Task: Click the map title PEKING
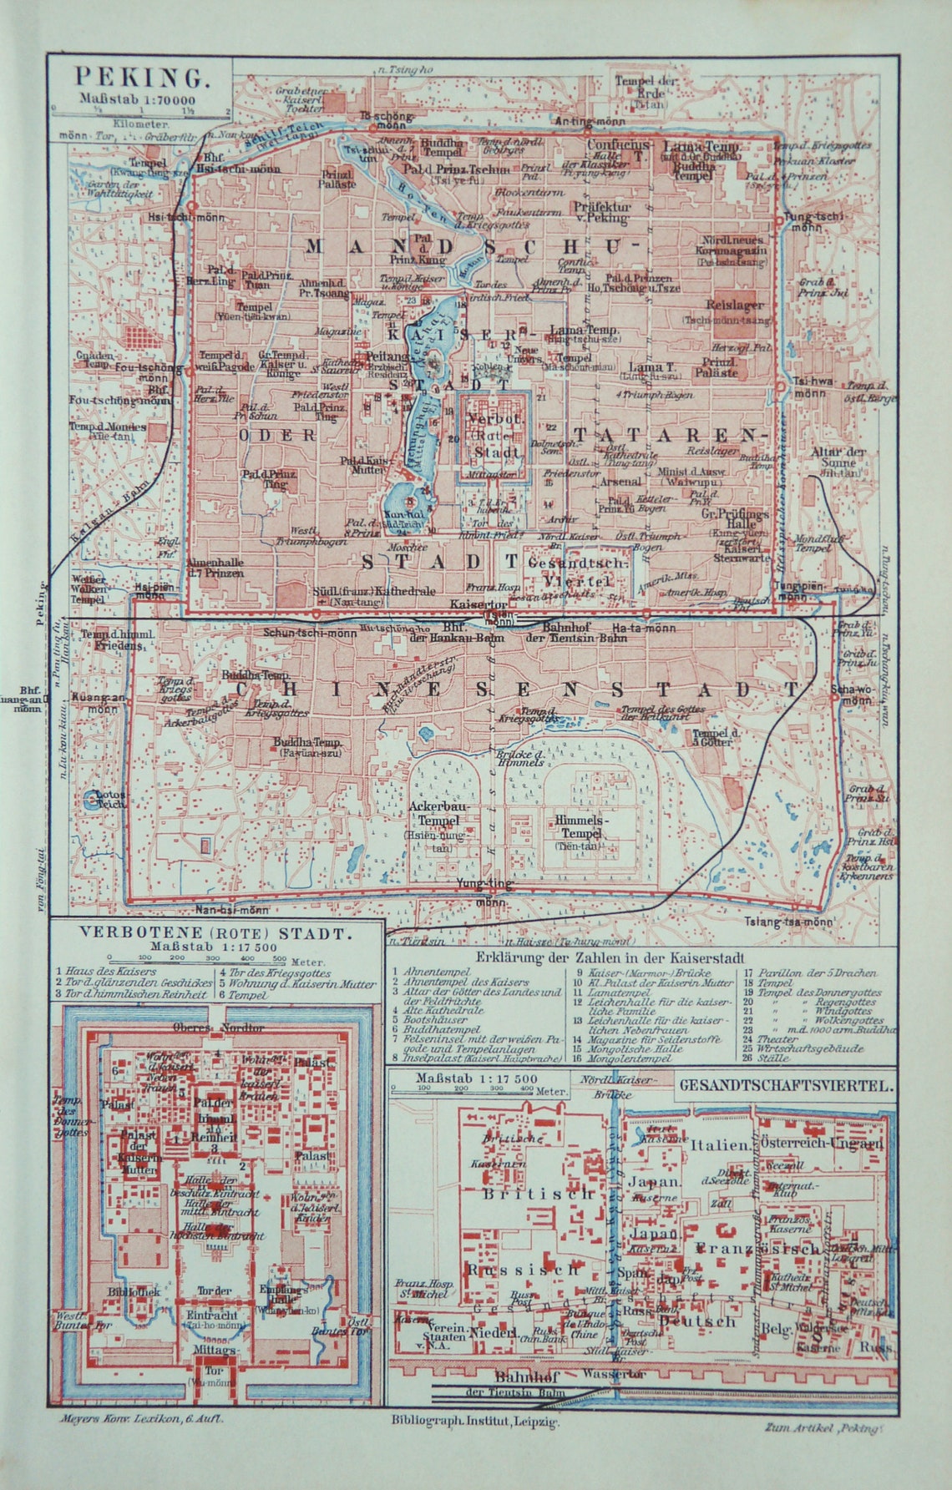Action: pos(140,78)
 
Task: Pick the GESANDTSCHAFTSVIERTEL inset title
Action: pos(786,1086)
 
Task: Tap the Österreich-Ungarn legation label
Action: pos(823,1144)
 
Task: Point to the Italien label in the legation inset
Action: pos(720,1145)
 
